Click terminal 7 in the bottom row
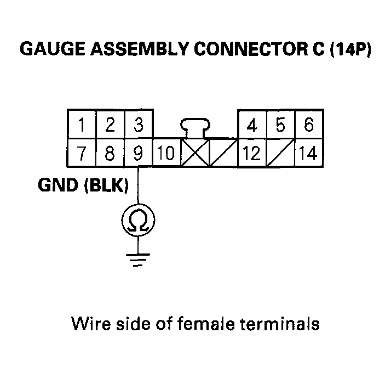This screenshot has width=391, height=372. click(x=81, y=153)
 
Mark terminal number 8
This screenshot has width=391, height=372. click(x=110, y=153)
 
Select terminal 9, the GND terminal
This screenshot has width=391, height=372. click(x=139, y=153)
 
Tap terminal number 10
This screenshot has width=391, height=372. click(x=166, y=153)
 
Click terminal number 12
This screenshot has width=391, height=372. click(x=251, y=153)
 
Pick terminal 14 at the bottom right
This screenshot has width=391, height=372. click(x=309, y=153)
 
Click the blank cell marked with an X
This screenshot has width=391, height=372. click(x=194, y=153)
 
